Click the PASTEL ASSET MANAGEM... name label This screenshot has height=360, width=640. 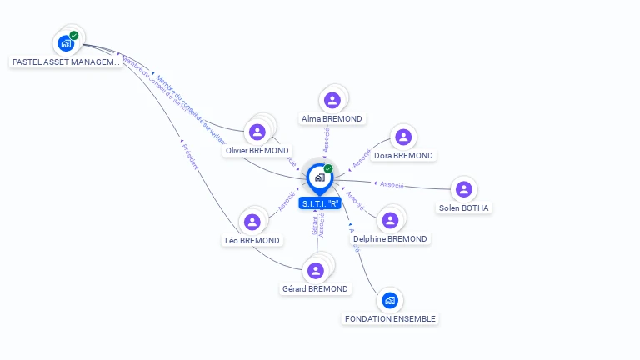click(66, 62)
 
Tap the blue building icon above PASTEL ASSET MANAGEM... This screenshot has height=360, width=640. click(66, 43)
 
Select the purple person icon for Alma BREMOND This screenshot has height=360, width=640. click(332, 101)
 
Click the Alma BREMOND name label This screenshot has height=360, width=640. click(332, 119)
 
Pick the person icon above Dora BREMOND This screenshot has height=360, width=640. click(403, 137)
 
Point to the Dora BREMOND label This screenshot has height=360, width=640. click(403, 156)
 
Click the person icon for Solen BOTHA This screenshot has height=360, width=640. click(464, 190)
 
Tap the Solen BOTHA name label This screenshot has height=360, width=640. click(464, 207)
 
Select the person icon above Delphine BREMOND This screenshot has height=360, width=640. click(389, 220)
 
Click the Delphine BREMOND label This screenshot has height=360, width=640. click(390, 239)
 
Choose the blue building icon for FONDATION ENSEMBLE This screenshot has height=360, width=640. click(389, 300)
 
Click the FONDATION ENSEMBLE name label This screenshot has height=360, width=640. click(389, 318)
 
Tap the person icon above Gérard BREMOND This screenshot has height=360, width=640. click(315, 271)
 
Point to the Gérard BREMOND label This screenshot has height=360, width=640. click(315, 289)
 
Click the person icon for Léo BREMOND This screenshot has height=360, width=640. click(252, 222)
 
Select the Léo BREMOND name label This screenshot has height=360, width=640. click(252, 240)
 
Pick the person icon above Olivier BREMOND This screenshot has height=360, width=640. click(257, 132)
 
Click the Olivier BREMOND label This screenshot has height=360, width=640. click(257, 151)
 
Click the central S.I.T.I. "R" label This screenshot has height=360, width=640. click(321, 203)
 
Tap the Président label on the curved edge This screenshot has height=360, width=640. click(190, 157)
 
